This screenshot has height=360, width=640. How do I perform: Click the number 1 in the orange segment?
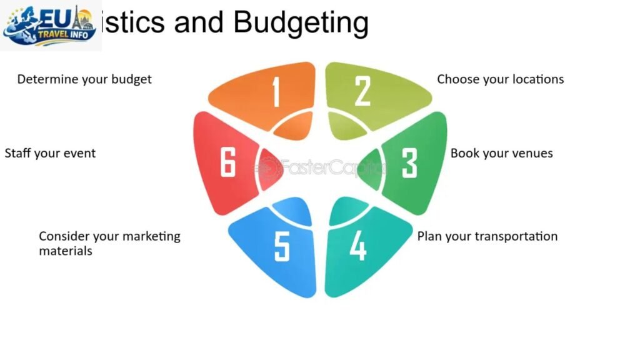point(276,92)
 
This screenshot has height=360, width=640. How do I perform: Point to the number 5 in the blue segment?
point(282,246)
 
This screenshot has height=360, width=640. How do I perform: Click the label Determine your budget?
point(84,79)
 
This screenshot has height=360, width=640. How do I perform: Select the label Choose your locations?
point(500,79)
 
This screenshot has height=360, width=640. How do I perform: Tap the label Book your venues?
point(501,153)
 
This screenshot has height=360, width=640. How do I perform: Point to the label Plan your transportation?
point(487,236)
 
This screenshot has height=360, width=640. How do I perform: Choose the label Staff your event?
point(50,153)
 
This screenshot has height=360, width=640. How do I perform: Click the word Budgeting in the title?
point(301,22)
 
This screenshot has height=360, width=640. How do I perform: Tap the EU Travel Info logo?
point(50,25)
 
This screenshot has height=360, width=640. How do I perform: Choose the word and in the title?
point(199,22)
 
